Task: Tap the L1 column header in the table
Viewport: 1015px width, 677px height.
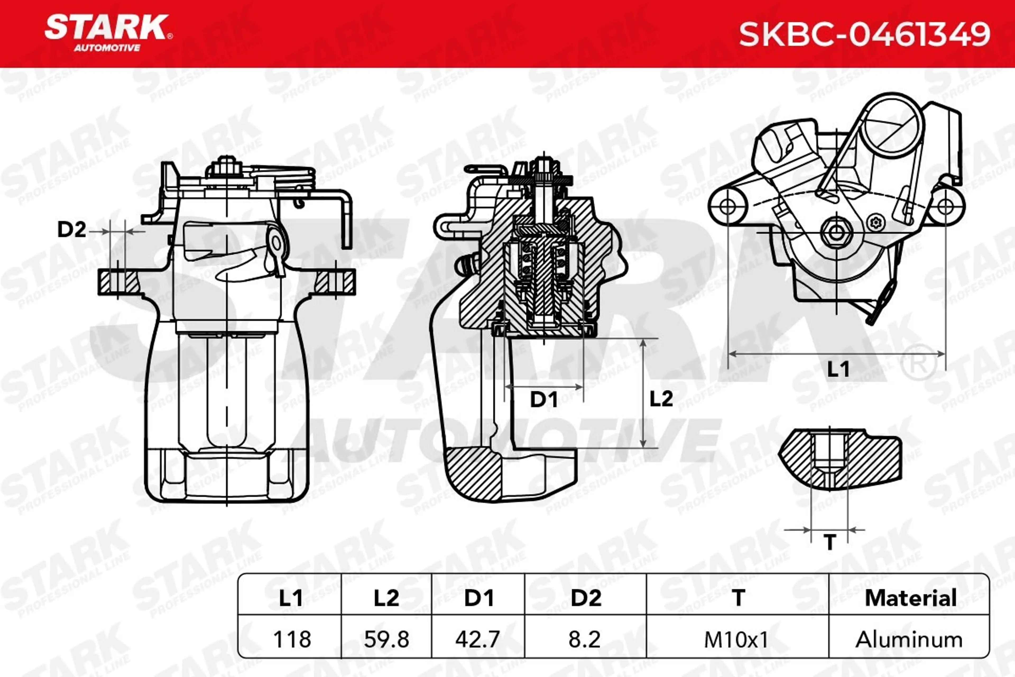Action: [291, 598]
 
